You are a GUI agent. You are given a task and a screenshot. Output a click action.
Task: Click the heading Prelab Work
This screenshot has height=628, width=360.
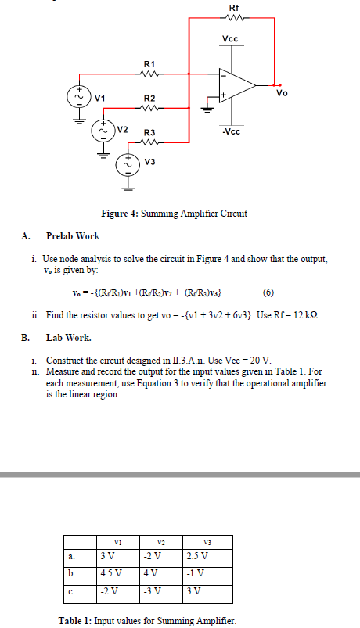[x=73, y=235]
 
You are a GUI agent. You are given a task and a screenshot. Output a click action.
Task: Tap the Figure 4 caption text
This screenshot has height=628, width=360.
[x=175, y=214]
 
